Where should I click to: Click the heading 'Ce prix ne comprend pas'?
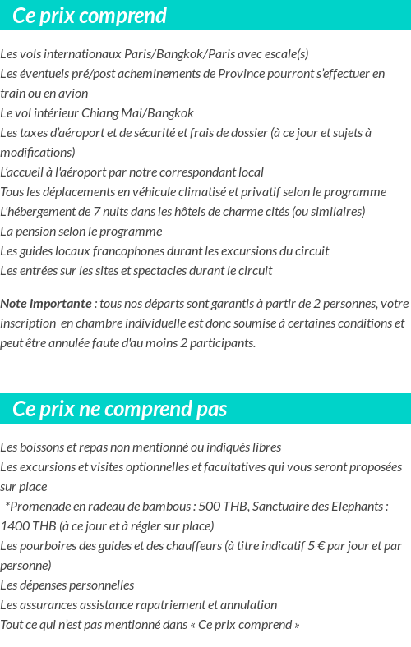click(x=120, y=409)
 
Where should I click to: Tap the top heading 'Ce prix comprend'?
click(x=90, y=16)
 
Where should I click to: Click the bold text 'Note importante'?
click(x=45, y=304)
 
